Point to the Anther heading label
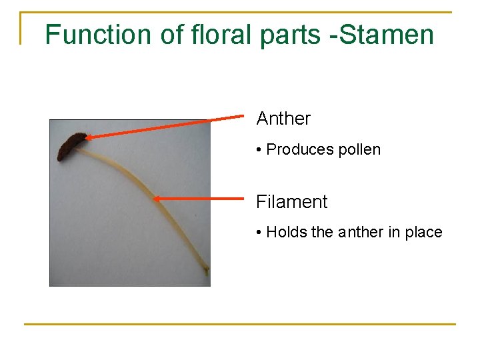283,119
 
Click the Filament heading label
291,201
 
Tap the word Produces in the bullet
300,149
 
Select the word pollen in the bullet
359,149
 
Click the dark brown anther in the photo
70,146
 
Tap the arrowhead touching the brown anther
88,138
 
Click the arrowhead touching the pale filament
157,197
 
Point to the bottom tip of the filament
207,271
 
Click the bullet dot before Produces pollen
259,150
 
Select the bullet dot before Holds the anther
259,233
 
